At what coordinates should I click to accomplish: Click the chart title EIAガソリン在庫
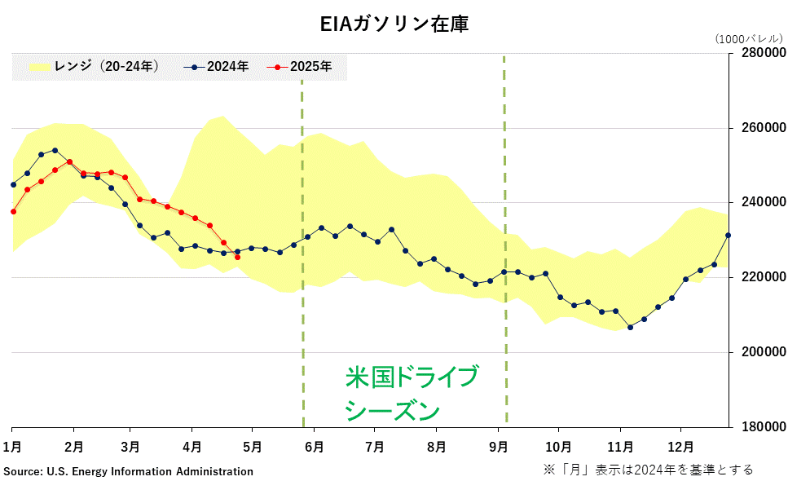[x=394, y=24]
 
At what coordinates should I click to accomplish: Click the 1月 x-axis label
[x=13, y=447]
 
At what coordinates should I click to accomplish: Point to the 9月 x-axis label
[x=499, y=447]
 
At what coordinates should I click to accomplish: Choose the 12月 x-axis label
[x=680, y=447]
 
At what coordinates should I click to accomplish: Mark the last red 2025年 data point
[x=237, y=258]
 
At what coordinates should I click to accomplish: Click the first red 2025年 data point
[x=13, y=211]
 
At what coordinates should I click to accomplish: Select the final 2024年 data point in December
[x=729, y=236]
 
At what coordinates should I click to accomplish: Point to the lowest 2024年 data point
[x=630, y=327]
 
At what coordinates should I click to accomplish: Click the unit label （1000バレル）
[x=748, y=38]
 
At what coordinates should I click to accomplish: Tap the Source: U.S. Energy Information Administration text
[x=129, y=471]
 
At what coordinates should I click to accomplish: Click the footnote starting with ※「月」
[x=649, y=470]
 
